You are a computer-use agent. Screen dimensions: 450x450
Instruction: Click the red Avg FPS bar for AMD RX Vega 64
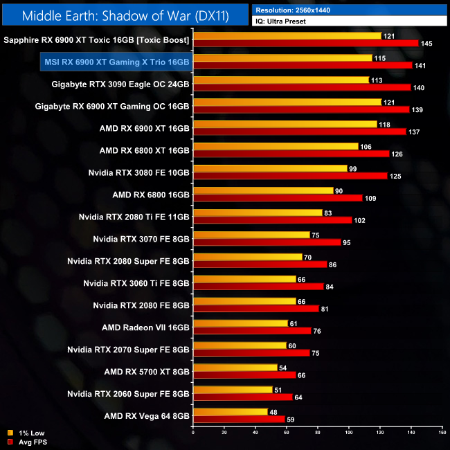pos(239,419)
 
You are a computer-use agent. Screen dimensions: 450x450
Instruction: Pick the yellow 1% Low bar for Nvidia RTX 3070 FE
pos(251,235)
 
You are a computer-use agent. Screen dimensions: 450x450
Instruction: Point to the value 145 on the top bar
pos(427,44)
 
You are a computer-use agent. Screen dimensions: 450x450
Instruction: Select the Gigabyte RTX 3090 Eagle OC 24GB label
pos(120,84)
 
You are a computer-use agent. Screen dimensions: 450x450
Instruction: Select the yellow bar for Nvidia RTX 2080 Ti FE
pos(258,213)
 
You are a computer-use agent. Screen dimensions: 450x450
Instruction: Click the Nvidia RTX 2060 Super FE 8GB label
pos(128,394)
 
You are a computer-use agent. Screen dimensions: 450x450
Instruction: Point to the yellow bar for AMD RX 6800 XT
pos(276,146)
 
